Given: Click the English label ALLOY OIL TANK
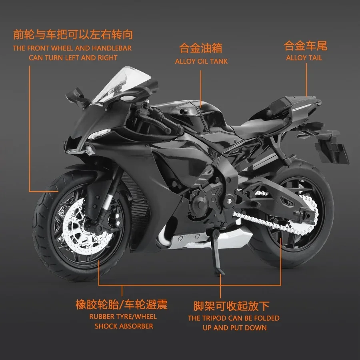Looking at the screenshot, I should point(201,62).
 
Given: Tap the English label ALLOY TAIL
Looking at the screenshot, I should point(304,58).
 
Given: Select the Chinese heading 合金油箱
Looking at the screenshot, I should point(201,49).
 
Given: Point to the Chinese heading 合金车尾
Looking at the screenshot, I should point(305,46).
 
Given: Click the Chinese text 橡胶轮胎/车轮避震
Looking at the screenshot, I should point(122,305).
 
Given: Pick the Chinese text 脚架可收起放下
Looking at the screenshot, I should point(231,306).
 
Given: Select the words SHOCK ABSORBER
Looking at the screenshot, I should point(124,326).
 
